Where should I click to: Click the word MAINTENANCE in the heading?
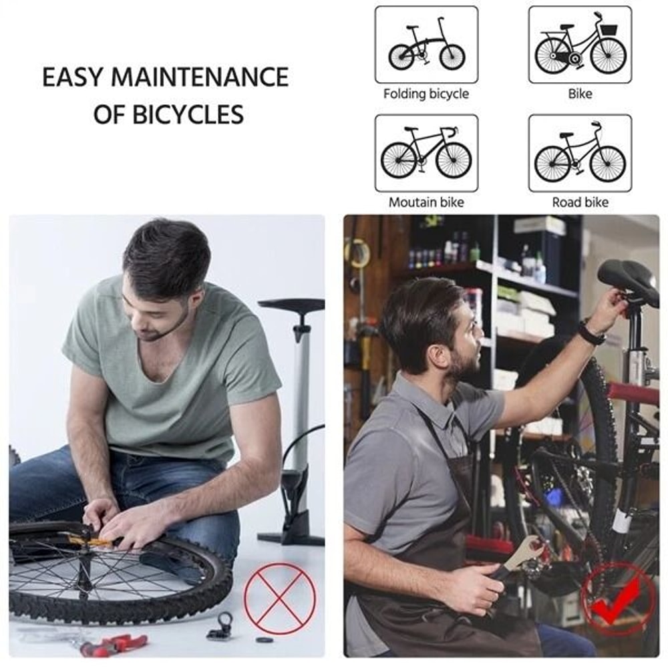200,77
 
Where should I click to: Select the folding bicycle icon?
426,45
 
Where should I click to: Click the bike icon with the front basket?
580,45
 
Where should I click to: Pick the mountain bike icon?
426,153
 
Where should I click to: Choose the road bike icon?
580,153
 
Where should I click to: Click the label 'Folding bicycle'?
426,94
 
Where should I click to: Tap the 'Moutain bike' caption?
426,202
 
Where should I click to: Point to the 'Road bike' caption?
580,202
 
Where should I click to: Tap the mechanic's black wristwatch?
591,332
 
